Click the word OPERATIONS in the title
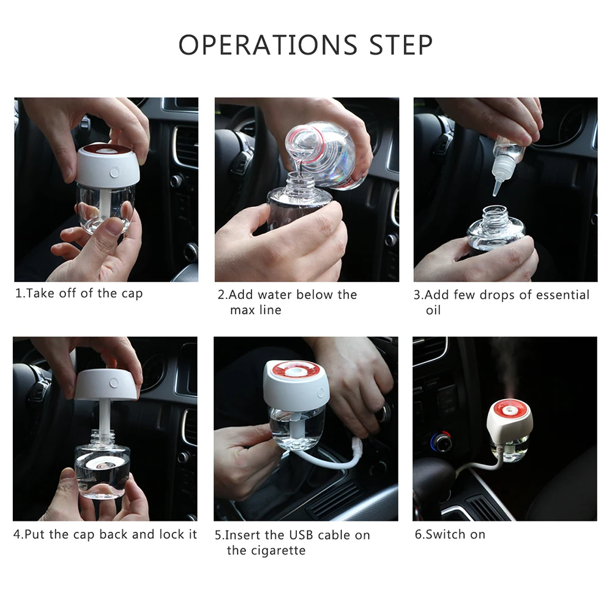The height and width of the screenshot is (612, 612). click(268, 45)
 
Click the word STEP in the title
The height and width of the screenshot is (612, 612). click(401, 45)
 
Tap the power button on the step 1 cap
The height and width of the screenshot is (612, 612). click(115, 172)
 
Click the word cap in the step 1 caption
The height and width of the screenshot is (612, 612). click(132, 294)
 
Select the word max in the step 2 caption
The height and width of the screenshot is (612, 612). click(242, 311)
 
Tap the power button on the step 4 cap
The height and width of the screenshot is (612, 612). click(114, 383)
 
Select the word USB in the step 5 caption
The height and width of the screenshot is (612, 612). click(289, 535)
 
